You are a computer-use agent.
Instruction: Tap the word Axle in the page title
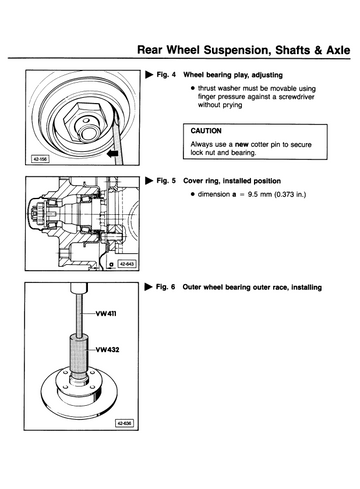(x=338, y=50)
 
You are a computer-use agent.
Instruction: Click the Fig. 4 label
(x=166, y=75)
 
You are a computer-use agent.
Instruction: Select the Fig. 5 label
(x=166, y=181)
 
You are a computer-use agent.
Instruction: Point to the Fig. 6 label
(x=165, y=287)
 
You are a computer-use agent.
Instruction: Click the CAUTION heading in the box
(x=206, y=131)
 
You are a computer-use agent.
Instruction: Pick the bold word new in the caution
(x=242, y=145)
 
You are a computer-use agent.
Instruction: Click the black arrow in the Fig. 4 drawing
(x=113, y=154)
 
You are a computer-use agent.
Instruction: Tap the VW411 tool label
(x=106, y=314)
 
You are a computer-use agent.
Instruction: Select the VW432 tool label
(x=107, y=350)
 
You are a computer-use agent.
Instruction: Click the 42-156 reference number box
(x=40, y=159)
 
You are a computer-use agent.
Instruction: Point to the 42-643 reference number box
(x=127, y=264)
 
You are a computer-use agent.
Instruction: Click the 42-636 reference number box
(x=124, y=423)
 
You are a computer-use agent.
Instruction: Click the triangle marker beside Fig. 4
(x=149, y=74)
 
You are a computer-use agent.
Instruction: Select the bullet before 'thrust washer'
(x=193, y=88)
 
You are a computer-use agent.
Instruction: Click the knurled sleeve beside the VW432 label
(x=79, y=355)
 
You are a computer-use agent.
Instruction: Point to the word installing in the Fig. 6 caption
(x=307, y=287)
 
